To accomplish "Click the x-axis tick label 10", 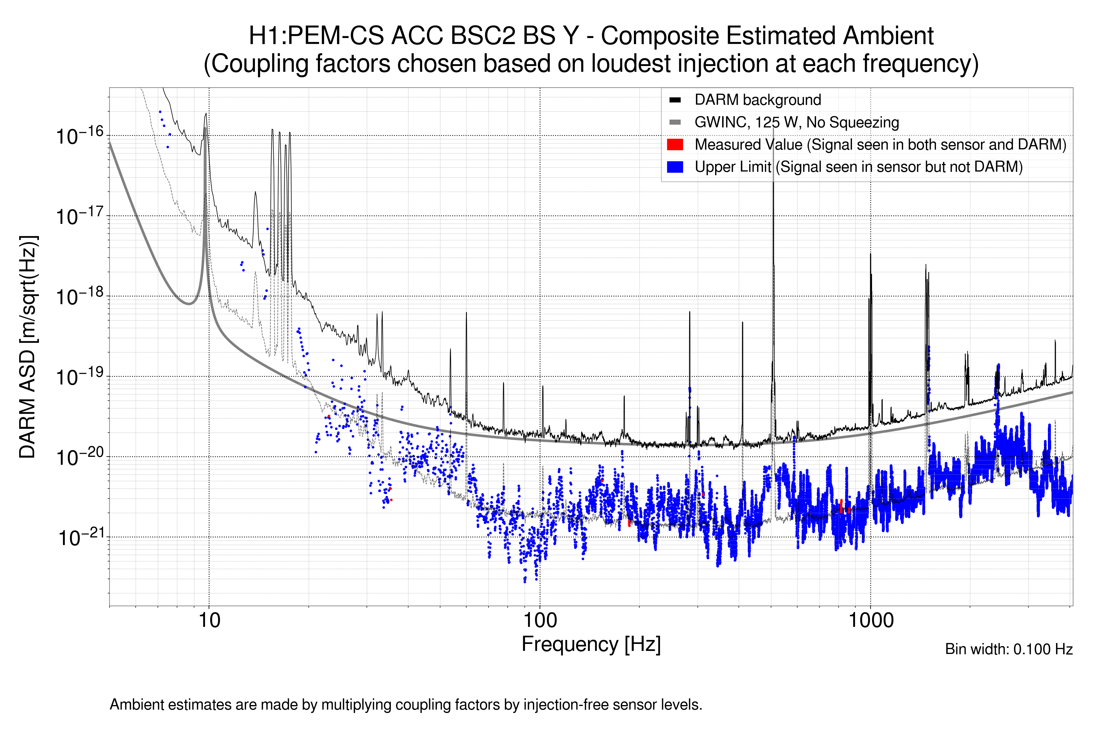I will [209, 620].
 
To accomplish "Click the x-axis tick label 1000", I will [871, 620].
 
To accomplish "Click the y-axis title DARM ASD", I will [28, 347].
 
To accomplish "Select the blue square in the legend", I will [675, 167].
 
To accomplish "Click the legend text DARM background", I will [757, 100].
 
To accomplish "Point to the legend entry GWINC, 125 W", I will [796, 123].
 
